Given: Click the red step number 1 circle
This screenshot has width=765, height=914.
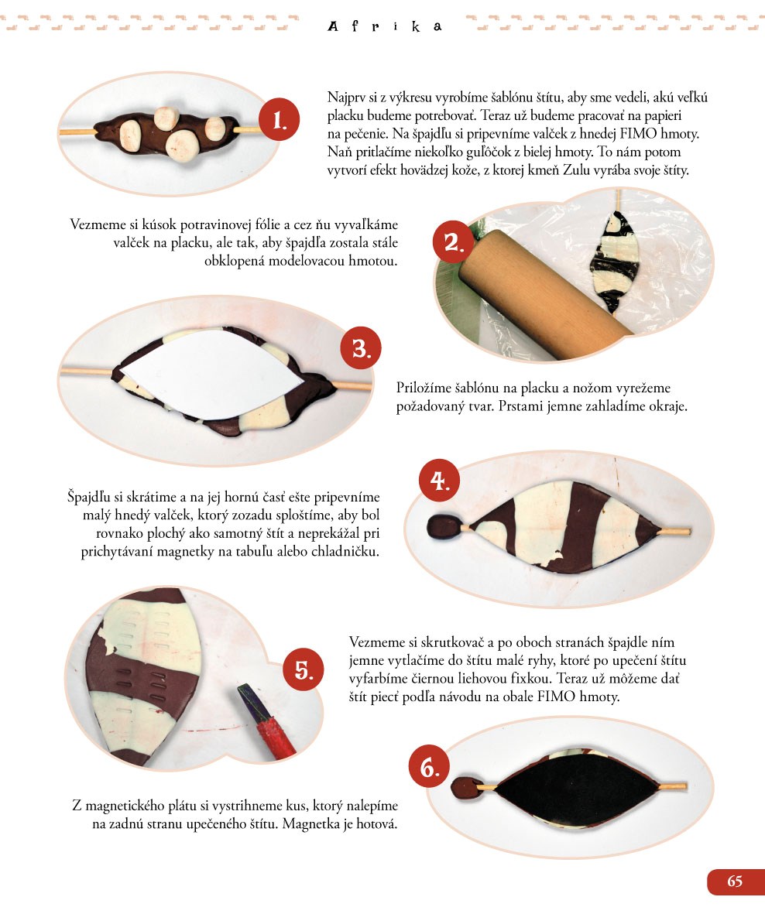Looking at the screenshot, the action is point(279,119).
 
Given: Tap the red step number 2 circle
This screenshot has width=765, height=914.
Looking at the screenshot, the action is point(453,241).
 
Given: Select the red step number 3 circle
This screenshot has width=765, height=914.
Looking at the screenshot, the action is point(361,347).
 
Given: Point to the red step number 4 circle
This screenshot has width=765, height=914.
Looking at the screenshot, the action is point(439,481).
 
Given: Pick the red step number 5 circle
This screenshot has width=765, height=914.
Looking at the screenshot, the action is point(304,669).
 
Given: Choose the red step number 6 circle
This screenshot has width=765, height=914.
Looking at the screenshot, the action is point(429,767).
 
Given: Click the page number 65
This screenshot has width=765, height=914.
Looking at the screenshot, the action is point(735,881).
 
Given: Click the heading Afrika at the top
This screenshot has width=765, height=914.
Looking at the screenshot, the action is point(385,26).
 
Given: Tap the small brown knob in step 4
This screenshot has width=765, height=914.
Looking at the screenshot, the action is point(445,527).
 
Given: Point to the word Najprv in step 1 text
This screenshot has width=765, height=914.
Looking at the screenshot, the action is point(346,98).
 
